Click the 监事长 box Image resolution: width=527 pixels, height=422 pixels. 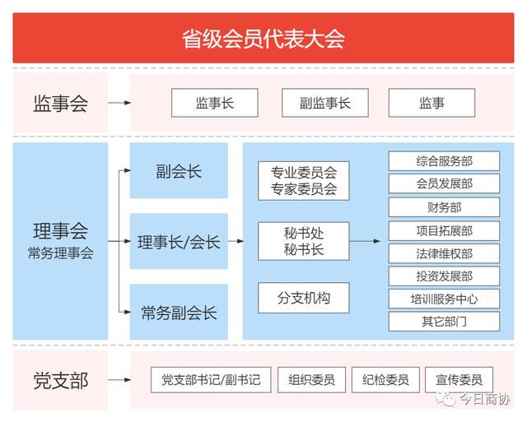tap(215, 103)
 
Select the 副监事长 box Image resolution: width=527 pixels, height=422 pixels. tap(325, 103)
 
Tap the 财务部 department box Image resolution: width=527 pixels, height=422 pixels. tap(444, 207)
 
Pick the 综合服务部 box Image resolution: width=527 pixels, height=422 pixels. tap(444, 161)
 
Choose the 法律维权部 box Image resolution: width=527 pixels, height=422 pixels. tap(444, 253)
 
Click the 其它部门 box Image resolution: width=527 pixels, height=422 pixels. tap(444, 322)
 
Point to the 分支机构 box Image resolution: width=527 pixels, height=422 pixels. tap(304, 298)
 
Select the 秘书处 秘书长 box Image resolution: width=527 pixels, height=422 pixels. tap(304, 241)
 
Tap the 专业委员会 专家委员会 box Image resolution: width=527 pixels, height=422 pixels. tap(304, 181)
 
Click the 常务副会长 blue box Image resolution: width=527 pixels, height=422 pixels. tap(179, 312)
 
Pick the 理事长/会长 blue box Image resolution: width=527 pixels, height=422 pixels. tap(179, 241)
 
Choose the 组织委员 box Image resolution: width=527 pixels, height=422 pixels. tap(311, 380)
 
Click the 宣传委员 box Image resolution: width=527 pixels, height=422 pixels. tap(459, 380)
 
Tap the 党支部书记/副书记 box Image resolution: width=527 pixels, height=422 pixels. tap(211, 380)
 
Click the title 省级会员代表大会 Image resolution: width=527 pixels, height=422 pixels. tap(263, 39)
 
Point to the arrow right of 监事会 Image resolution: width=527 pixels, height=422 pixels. tap(119, 103)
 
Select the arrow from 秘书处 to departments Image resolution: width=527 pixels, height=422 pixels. tap(365, 241)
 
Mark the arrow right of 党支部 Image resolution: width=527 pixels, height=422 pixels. tap(119, 380)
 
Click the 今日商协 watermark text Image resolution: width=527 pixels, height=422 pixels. tap(484, 400)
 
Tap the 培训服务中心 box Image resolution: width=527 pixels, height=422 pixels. tap(444, 299)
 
